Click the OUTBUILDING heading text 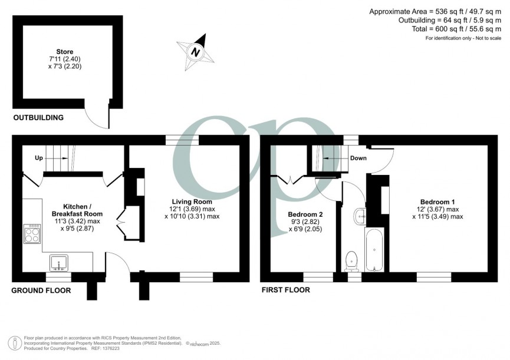click(38, 118)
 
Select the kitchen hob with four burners click(31, 234)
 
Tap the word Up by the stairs click(39, 158)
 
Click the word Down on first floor click(358, 158)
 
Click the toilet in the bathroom click(352, 258)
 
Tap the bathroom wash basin click(360, 216)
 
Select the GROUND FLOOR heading click(42, 290)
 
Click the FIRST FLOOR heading click(286, 290)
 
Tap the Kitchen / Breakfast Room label click(77, 210)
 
